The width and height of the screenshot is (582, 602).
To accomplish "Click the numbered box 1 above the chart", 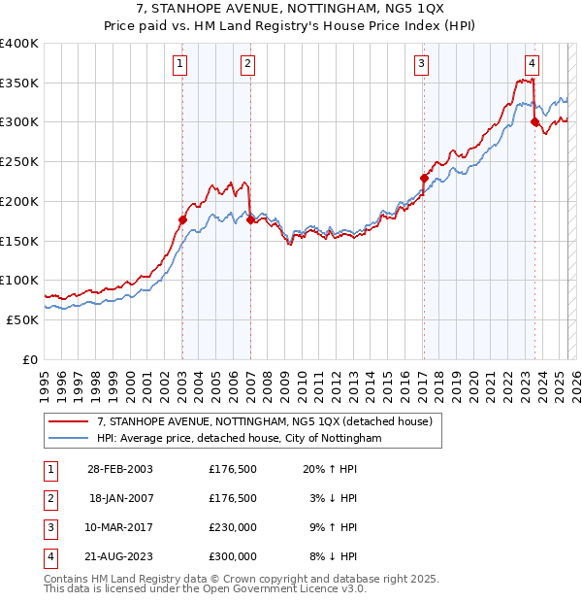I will [x=181, y=65].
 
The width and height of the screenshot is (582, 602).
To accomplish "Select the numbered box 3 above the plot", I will [x=423, y=65].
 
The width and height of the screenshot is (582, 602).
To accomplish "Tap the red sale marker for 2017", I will [x=424, y=178].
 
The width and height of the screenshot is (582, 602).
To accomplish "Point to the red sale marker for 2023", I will [x=534, y=122].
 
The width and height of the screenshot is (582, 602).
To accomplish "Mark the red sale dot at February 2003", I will [x=182, y=220].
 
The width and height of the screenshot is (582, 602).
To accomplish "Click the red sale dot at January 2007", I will [x=249, y=220].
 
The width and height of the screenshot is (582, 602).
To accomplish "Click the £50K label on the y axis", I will [x=22, y=319].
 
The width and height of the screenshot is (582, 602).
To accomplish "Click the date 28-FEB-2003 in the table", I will [x=120, y=470].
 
